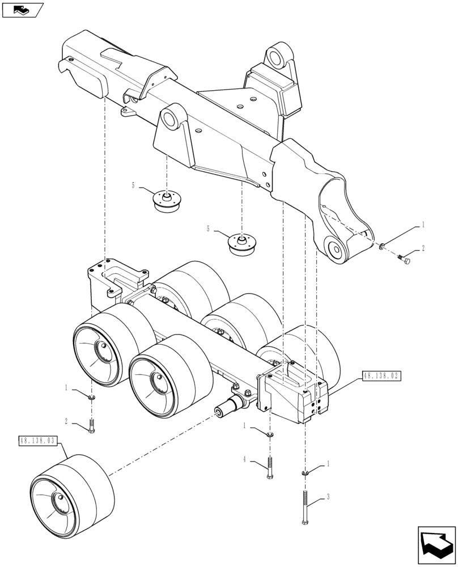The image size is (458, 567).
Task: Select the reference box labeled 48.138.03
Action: [39, 441]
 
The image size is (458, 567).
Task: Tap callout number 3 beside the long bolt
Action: [327, 498]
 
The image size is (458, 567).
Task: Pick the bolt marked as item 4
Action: [270, 467]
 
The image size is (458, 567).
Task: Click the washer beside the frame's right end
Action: [383, 246]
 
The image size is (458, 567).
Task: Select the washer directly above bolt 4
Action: [270, 435]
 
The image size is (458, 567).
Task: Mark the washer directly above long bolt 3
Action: [306, 472]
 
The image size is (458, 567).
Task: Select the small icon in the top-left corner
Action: [22, 10]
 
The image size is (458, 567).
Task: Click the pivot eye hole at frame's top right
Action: [277, 57]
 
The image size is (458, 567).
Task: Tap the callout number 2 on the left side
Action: [66, 421]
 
